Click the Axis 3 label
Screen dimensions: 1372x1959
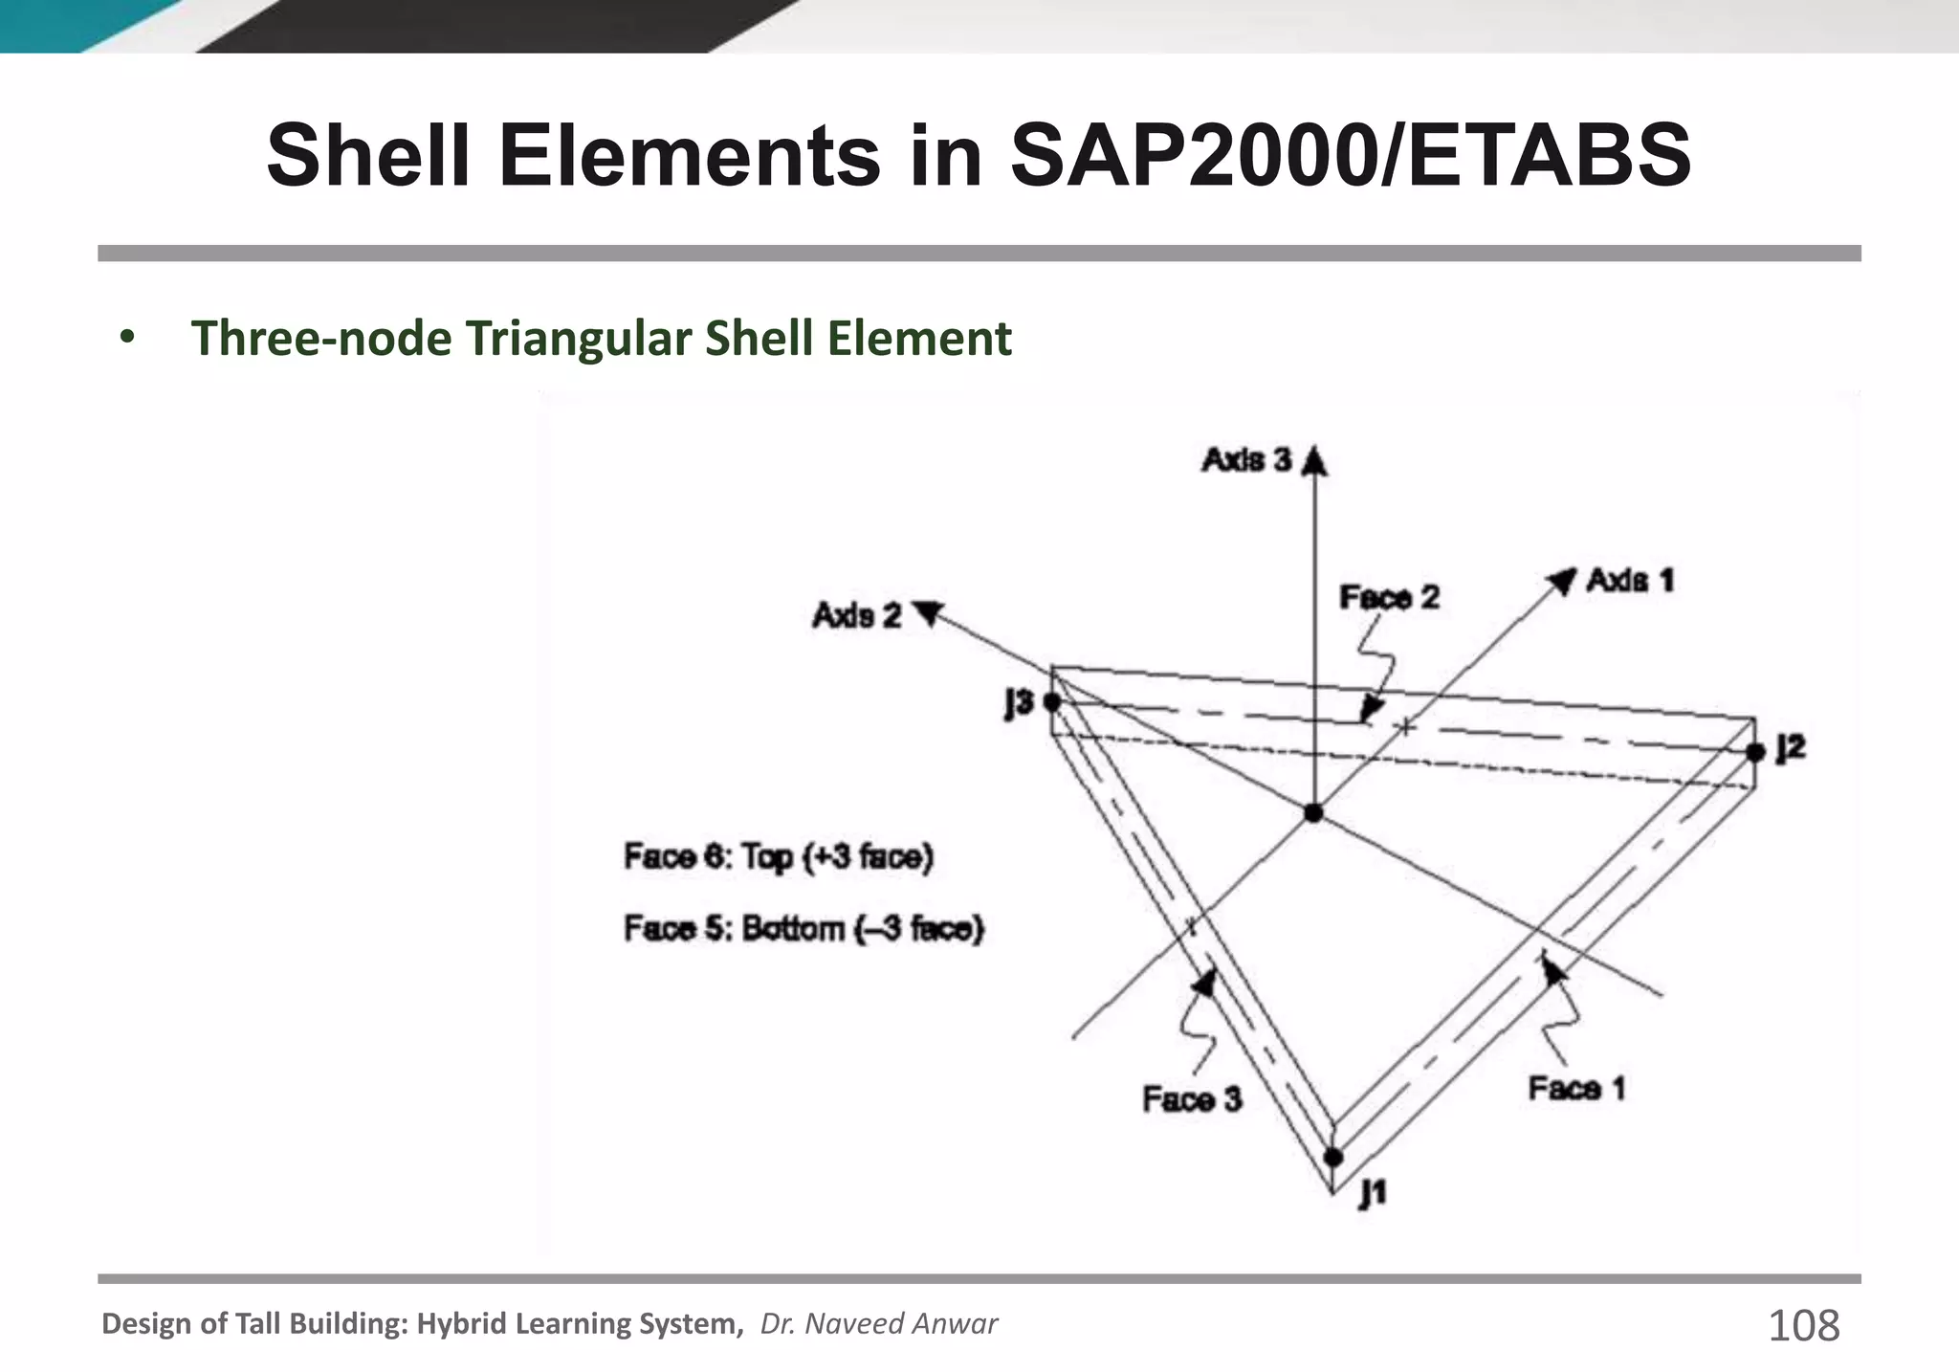1246,460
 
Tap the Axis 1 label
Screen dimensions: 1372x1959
1630,580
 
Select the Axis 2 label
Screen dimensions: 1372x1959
857,615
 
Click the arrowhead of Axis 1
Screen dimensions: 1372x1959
1562,580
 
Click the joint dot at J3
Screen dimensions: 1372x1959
1052,702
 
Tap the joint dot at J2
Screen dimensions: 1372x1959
1754,752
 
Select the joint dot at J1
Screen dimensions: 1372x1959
1332,1158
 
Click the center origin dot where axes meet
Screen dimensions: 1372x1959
1313,813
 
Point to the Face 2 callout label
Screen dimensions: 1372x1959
1389,598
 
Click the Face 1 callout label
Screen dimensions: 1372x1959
1576,1089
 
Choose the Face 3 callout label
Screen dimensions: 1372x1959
1192,1099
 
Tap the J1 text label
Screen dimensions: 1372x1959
1373,1192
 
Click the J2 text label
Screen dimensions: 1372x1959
1790,747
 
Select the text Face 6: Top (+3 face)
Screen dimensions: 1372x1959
778,856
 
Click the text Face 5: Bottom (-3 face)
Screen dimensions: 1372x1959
803,929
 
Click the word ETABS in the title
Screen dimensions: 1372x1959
1550,155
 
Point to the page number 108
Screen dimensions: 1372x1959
1803,1326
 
